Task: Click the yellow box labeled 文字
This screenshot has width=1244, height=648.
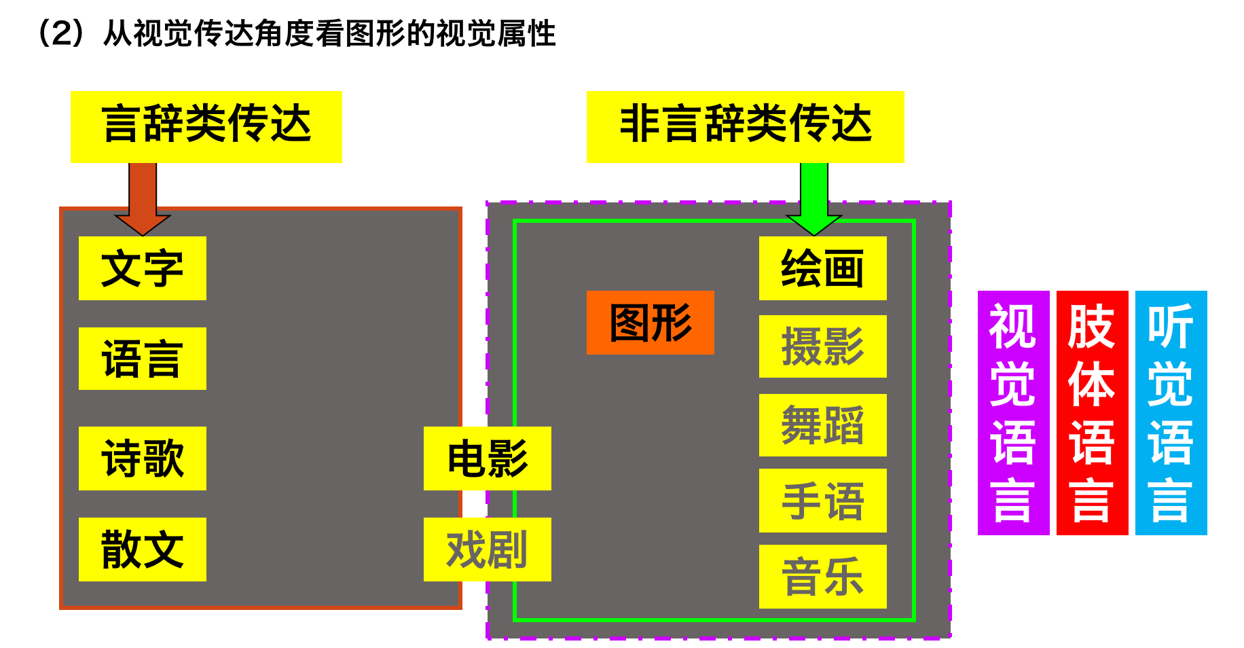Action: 142,268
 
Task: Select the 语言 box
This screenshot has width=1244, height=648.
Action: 142,359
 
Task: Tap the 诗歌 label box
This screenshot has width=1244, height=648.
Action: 142,458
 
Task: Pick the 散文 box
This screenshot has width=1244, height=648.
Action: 142,550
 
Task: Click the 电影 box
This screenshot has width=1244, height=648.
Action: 487,458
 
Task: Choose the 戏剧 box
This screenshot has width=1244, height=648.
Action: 487,550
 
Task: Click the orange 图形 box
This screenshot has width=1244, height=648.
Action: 650,323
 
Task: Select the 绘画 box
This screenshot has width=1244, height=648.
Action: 822,268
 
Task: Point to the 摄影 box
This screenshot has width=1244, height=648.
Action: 822,346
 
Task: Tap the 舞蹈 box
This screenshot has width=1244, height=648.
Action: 822,425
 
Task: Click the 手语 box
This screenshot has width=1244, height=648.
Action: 822,501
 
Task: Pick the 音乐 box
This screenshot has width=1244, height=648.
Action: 822,577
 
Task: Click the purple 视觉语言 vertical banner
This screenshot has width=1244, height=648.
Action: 1013,413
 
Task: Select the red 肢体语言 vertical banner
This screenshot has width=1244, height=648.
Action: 1092,413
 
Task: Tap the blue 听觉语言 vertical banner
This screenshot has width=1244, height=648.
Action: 1171,413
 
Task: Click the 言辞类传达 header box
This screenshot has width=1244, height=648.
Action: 206,126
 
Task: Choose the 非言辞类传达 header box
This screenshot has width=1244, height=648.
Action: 745,126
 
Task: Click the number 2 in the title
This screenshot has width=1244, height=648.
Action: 62,33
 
